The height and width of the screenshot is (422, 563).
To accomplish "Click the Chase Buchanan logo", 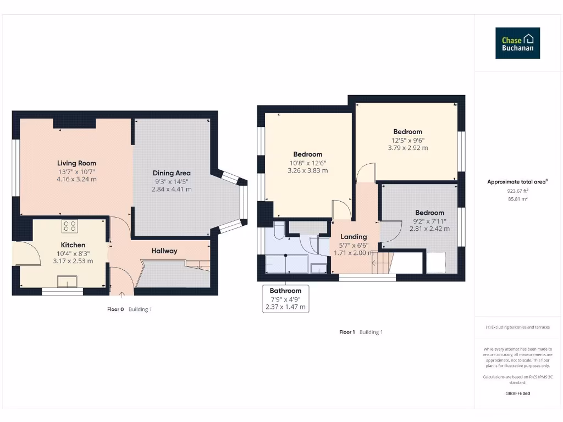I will pos(517,43).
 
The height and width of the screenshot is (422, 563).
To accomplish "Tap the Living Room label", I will pos(76,163).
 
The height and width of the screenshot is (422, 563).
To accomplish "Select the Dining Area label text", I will pos(172,173).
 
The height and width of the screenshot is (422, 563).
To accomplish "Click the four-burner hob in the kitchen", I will pos(70,225).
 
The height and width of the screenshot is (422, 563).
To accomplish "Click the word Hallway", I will pos(164,251).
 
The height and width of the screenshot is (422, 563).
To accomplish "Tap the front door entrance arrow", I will pos(122,295).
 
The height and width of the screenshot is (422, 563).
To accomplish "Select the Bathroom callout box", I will pos(285,299).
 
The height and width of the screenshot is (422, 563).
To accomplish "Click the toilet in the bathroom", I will pos(278,231).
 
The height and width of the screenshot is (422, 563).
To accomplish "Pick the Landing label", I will pos(353,237).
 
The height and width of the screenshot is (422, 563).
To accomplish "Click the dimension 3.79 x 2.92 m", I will pos(407,148).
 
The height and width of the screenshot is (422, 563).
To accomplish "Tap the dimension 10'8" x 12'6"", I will pos(307,163).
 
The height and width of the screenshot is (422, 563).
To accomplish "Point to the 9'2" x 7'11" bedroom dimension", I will pos(429,221).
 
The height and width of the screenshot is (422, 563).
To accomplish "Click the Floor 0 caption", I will pos(115,309).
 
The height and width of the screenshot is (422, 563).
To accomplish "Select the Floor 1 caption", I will pos(347,332).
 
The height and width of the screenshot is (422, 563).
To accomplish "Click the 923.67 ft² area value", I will pos(517,191).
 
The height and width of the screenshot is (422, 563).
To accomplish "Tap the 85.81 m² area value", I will pos(517,199).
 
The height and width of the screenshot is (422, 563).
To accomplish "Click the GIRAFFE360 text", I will pos(517,393).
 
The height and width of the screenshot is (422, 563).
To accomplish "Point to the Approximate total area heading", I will pos(517,182).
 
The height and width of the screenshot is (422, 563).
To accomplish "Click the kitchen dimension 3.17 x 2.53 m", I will pos(73,261).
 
